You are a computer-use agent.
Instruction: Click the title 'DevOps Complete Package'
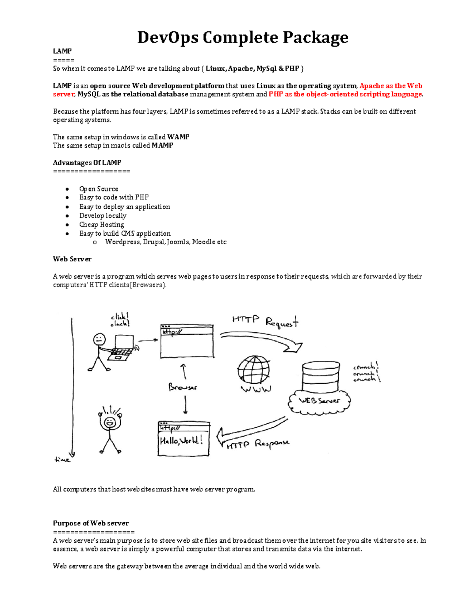pos(243,37)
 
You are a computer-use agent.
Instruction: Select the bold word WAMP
pos(178,137)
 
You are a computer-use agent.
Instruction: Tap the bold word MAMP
pos(162,145)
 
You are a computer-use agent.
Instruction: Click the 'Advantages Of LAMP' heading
pos(87,163)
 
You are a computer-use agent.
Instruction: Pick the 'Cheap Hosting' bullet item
pos(102,225)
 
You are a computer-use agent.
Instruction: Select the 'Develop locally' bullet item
pos(103,216)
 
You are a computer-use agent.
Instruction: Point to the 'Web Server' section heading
pos(72,259)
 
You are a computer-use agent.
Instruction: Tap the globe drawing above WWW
pos(254,369)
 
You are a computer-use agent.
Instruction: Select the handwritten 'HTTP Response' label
pos(258,444)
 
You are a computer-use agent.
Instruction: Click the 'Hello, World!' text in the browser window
pos(181,441)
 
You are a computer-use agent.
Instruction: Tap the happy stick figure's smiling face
pos(109,422)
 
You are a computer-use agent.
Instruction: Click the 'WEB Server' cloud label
pos(319,401)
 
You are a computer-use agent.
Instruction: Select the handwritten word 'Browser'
pos(182,387)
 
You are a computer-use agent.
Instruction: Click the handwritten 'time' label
pos(62,459)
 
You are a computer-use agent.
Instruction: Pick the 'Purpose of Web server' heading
pos(91,523)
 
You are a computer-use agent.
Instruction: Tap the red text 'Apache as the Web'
pos(391,86)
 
